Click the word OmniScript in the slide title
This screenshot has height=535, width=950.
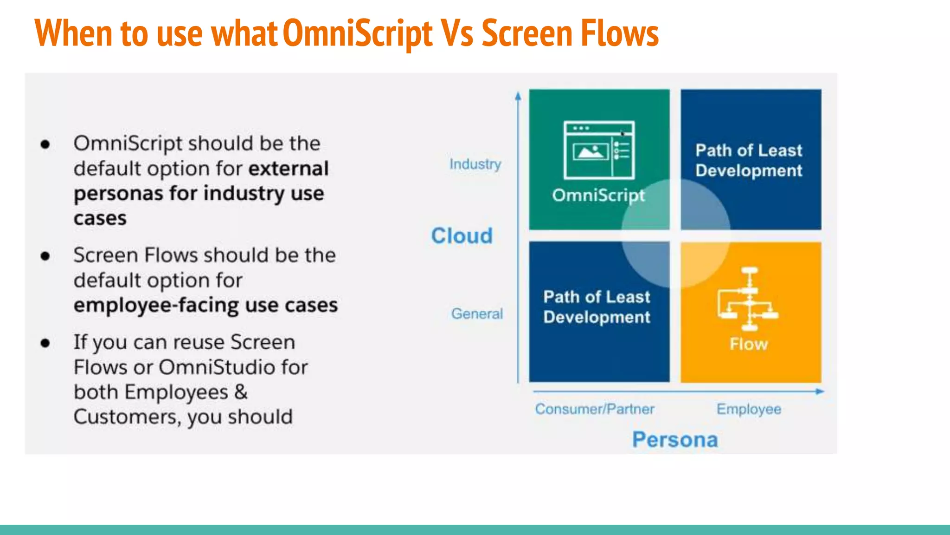coord(357,33)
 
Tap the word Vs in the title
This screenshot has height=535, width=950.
coord(457,33)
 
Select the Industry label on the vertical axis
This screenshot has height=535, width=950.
coord(475,164)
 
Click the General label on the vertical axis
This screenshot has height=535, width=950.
coord(477,314)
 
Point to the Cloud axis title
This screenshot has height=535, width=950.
coord(462,236)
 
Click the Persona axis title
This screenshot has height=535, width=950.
coord(675,439)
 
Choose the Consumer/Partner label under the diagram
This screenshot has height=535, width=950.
coord(594,409)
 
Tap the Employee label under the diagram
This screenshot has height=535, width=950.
coord(749,409)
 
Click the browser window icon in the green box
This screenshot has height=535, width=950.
coord(599,150)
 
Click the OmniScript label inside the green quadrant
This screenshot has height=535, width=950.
coord(598,196)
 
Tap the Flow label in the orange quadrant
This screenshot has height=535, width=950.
coord(749,344)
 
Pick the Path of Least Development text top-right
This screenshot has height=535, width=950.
coord(749,160)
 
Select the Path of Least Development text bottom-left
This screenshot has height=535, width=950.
coord(597,307)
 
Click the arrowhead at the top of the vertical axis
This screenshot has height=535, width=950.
coord(518,96)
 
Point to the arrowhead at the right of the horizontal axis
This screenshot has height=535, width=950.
coord(820,391)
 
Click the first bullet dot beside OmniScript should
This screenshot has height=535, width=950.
coord(45,144)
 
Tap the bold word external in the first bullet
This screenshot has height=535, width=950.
coord(288,169)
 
